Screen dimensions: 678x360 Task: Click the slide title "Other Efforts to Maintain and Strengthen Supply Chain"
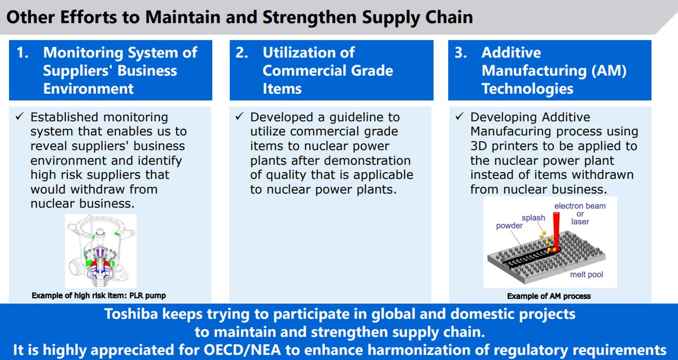pos(239,17)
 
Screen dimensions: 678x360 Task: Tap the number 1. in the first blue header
pos(23,52)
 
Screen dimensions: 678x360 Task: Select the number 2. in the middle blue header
pos(242,52)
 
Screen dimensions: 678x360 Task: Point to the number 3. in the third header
pos(461,52)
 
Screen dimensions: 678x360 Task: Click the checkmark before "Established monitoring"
pos(20,116)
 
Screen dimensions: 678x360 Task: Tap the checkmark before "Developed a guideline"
pos(239,116)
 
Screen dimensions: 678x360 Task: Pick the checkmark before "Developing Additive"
pos(459,116)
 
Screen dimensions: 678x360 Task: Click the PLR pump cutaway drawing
pos(101,251)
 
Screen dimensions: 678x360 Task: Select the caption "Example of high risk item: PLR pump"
pos(99,295)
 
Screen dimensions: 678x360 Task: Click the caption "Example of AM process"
pos(549,296)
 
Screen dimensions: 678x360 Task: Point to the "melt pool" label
pos(586,274)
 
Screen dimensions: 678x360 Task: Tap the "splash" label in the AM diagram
pos(533,218)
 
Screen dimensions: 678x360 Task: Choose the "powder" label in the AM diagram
pos(509,226)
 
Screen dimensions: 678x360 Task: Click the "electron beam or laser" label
pos(580,214)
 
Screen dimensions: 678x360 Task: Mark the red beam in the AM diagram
pos(556,230)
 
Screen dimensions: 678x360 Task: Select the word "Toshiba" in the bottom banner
pos(131,314)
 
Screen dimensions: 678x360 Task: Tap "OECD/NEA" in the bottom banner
pos(242,350)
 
